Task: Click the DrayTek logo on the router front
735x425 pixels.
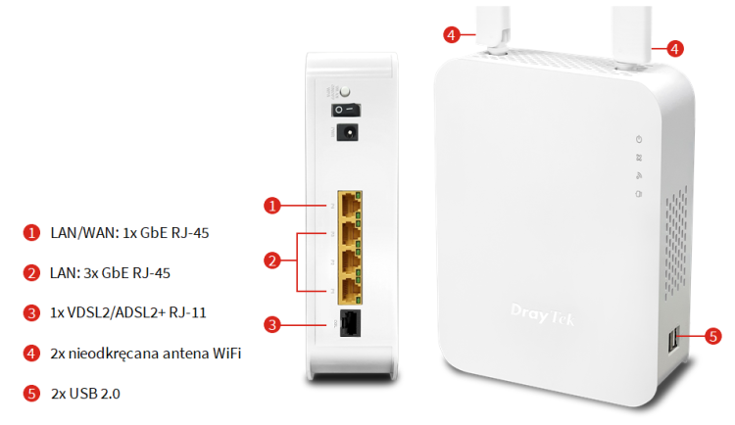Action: [542, 314]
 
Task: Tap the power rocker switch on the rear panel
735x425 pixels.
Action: [346, 110]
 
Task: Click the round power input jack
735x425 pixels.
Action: [348, 132]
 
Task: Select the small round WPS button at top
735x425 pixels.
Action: [345, 91]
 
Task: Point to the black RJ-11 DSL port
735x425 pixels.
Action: [350, 323]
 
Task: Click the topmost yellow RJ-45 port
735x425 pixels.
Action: [350, 205]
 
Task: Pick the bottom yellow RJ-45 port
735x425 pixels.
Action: [350, 291]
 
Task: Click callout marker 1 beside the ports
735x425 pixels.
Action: [272, 206]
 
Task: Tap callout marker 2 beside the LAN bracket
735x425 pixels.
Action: [272, 260]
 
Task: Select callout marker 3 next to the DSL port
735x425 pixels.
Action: [272, 325]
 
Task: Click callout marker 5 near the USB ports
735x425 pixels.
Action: [713, 336]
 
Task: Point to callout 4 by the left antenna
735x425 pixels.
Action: [452, 34]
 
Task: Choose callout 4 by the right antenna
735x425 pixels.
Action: [674, 49]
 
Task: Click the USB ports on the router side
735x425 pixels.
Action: [673, 340]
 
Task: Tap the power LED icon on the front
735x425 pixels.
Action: [638, 139]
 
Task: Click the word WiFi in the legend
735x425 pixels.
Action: [226, 353]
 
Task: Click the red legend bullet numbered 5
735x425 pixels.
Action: [31, 393]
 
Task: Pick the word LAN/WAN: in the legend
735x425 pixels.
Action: [84, 233]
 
